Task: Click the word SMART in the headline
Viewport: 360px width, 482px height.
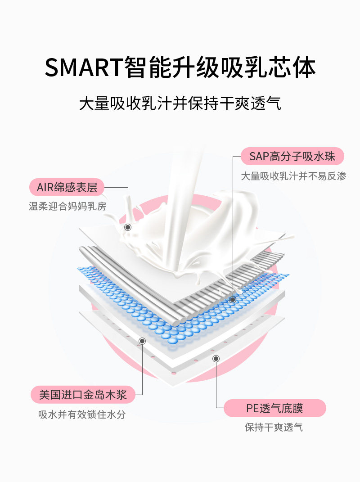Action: (x=84, y=68)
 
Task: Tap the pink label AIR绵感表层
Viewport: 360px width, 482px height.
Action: (x=67, y=187)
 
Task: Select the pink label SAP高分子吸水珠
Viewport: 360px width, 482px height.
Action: (x=292, y=156)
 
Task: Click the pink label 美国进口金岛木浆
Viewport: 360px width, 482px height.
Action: (x=83, y=395)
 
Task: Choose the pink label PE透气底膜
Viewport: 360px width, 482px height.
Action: (x=274, y=408)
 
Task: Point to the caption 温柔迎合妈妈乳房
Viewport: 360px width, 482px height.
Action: (x=67, y=206)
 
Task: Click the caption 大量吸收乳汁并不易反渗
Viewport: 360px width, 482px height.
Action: (x=293, y=176)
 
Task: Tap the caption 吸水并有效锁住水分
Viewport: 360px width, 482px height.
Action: (x=82, y=414)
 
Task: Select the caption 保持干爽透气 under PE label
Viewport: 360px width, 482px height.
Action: (x=274, y=427)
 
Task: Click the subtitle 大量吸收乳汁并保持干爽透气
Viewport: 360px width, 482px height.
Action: (x=180, y=104)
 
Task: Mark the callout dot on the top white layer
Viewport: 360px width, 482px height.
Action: (x=128, y=227)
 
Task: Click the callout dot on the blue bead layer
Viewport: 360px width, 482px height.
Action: (x=233, y=299)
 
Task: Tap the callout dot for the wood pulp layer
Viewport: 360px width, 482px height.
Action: (x=142, y=341)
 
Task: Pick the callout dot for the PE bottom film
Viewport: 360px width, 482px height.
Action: (x=216, y=358)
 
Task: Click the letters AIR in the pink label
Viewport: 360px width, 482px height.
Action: (x=45, y=187)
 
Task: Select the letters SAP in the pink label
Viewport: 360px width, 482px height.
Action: (x=259, y=157)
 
